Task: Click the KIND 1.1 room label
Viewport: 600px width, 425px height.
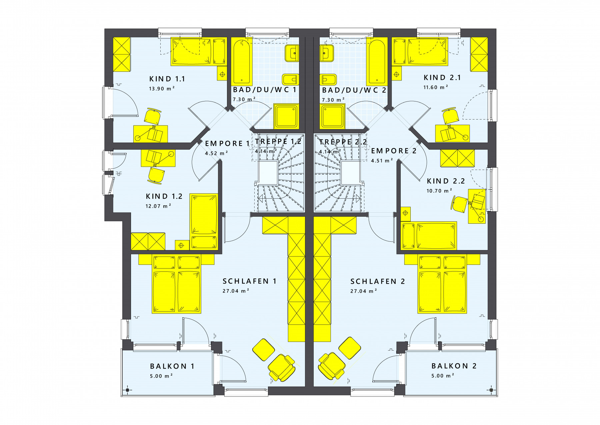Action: [x=167, y=79]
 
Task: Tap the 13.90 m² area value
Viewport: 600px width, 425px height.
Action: [x=162, y=89]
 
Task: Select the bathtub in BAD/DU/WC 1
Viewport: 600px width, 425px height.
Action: [x=241, y=61]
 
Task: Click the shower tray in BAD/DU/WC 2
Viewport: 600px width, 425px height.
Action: [x=333, y=116]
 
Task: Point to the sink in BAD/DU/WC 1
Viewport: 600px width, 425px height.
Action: [x=292, y=53]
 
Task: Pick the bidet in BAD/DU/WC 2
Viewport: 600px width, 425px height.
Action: [x=328, y=80]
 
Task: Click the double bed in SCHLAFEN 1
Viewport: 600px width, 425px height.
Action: [x=176, y=284]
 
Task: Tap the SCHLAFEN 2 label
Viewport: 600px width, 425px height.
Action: [x=378, y=281]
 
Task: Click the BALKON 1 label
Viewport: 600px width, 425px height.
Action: [x=172, y=366]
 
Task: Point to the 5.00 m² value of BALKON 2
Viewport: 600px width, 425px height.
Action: [x=443, y=376]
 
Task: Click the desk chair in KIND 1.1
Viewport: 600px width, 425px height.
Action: [x=153, y=116]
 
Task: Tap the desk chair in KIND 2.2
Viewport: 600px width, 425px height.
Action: [x=459, y=204]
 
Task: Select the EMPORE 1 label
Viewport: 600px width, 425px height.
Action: [x=227, y=144]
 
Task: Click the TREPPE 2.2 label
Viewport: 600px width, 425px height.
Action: [x=343, y=142]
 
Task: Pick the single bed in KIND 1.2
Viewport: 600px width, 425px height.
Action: [x=204, y=221]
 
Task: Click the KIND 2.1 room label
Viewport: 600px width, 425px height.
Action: [x=442, y=78]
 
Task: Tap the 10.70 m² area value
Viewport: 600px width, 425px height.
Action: [x=439, y=191]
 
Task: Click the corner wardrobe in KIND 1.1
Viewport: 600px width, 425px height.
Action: [x=122, y=54]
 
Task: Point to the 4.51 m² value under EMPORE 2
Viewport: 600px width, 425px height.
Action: [x=382, y=161]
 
